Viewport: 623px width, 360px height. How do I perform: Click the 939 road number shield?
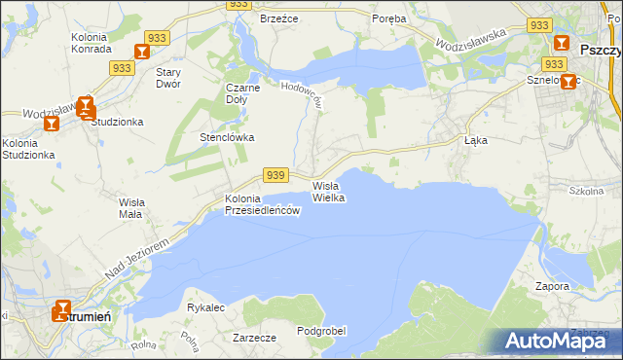tap(275, 175)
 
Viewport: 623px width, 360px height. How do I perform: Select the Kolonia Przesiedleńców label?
tap(260, 205)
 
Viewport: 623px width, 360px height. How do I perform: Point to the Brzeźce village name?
tap(277, 18)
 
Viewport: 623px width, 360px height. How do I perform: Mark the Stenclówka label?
tap(227, 137)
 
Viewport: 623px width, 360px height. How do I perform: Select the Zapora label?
tap(552, 286)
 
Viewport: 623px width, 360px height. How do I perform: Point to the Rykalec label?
tap(205, 307)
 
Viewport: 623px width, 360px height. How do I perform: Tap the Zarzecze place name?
tap(254, 338)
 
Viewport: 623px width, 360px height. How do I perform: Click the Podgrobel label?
tap(321, 331)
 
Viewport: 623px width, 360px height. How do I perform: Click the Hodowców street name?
tap(302, 93)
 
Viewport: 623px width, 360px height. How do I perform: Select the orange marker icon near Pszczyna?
tap(562, 44)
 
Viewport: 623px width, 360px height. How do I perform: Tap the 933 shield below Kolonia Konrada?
tap(122, 68)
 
